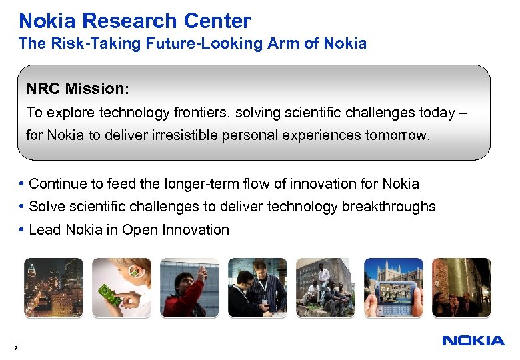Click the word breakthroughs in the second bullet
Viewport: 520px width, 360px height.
(389, 207)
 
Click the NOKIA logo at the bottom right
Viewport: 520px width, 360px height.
(473, 341)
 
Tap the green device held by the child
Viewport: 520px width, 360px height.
(109, 295)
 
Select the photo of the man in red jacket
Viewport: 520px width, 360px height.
(189, 287)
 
